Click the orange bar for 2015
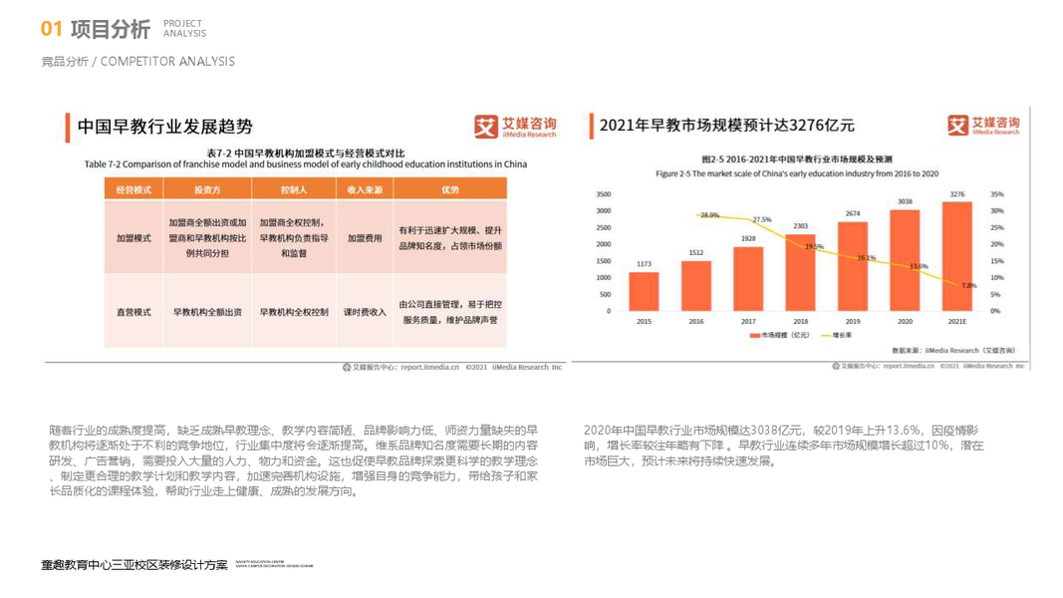644,291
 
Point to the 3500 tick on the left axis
603,194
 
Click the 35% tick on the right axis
997,194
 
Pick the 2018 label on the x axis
800,322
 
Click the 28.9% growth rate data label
709,215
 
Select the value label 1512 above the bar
695,253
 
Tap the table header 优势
450,189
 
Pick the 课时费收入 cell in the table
365,312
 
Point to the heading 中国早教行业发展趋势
165,127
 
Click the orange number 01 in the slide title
52,29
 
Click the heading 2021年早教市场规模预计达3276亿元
727,126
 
